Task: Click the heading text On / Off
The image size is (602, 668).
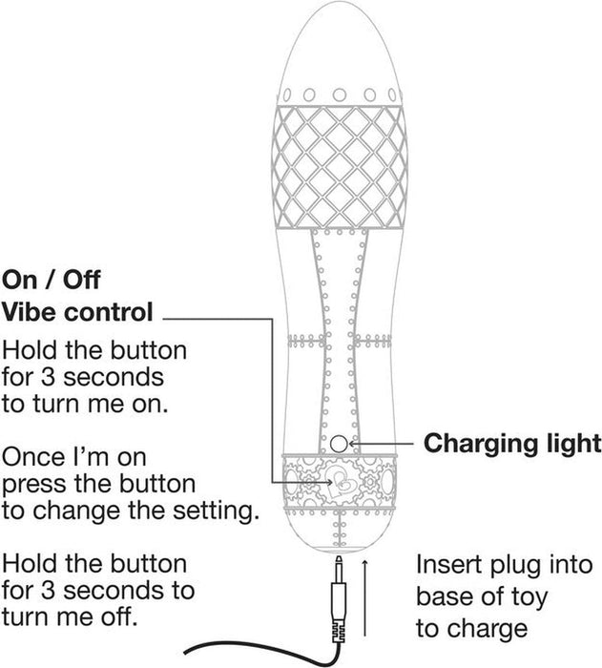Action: pyautogui.click(x=51, y=281)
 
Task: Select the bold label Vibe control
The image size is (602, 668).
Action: pyautogui.click(x=77, y=312)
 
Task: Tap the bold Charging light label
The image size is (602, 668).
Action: pyautogui.click(x=512, y=444)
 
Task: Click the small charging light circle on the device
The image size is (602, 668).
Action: pyautogui.click(x=339, y=444)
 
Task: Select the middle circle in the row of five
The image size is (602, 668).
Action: pyautogui.click(x=340, y=94)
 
